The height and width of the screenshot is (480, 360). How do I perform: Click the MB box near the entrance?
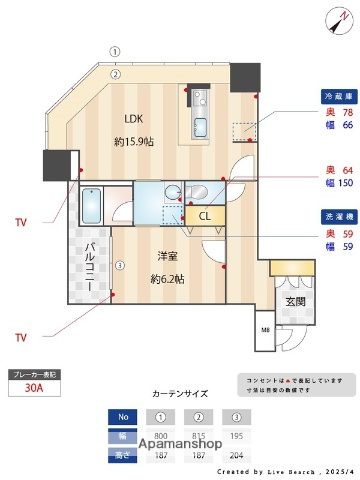266,331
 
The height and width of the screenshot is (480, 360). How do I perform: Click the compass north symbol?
334,20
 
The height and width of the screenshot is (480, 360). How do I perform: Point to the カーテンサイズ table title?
180,395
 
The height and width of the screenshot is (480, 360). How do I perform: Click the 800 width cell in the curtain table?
160,434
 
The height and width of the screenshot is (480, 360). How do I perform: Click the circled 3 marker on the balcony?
119,266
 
